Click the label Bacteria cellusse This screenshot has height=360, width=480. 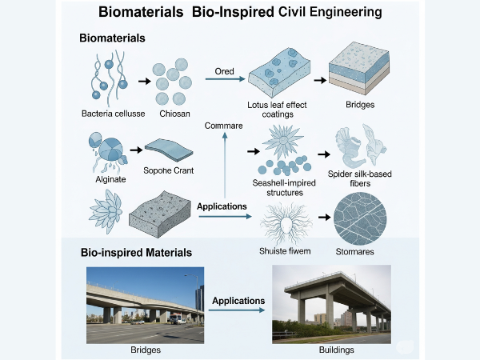coord(114,114)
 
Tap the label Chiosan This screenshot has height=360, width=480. coord(174,114)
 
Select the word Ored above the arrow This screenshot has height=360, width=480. coord(224,71)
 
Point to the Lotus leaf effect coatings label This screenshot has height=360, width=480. coord(277,110)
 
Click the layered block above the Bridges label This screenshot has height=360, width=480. coord(358,69)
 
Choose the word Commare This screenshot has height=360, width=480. coord(223,126)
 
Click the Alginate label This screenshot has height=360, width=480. coord(110,179)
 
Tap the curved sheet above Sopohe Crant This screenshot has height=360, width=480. coord(169,150)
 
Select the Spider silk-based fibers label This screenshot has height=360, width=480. coord(360,178)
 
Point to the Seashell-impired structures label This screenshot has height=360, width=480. coord(284,188)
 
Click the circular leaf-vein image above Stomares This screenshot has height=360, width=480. coord(360,218)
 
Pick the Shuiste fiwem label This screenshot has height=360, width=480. coord(285,251)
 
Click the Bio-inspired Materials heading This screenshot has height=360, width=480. coord(136,253)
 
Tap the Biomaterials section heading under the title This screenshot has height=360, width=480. coord(112,38)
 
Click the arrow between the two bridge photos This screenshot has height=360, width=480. coord(237,310)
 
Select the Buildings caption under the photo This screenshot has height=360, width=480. coord(337,350)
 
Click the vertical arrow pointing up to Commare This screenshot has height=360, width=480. coord(225,165)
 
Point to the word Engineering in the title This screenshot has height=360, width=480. coord(346,12)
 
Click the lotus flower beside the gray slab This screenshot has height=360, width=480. coord(106,211)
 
